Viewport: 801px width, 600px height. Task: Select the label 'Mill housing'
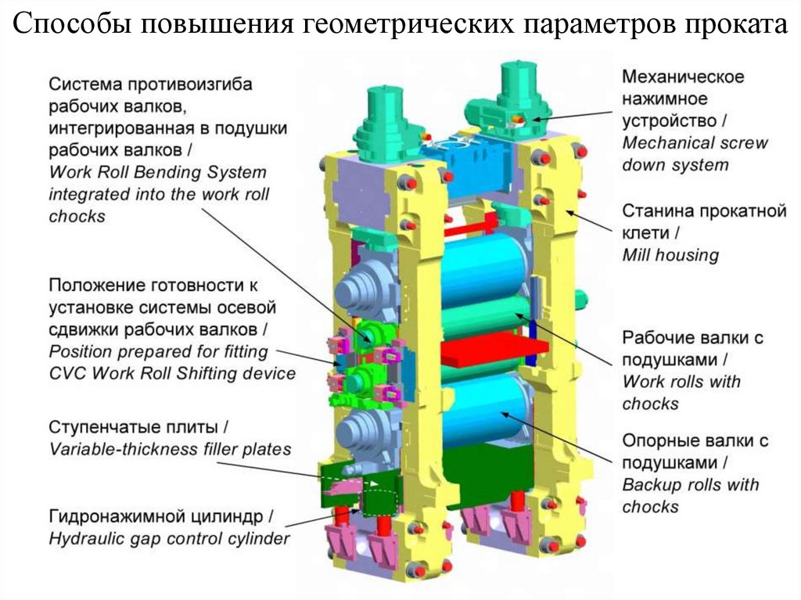[x=670, y=255]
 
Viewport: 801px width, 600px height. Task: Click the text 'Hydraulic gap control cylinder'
[x=169, y=539]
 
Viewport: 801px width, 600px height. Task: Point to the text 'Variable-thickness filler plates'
[x=170, y=450]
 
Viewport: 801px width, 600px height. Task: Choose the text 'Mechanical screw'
[x=695, y=143]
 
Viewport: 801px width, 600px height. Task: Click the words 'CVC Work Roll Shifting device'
[x=172, y=373]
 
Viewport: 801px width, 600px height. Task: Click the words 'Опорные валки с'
[x=695, y=441]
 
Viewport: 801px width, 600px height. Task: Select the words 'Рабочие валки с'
[x=692, y=338]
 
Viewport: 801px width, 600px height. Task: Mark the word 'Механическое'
[x=682, y=77]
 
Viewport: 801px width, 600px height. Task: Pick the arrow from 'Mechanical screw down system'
[x=571, y=115]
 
